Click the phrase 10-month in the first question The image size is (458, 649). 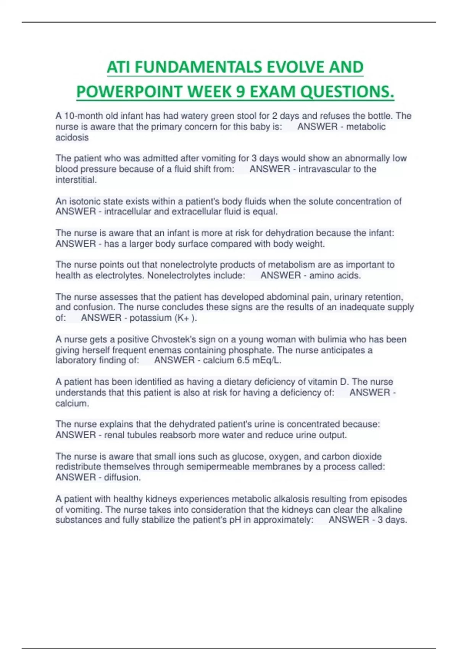pos(81,116)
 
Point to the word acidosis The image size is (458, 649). pos(72,137)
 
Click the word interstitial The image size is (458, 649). pos(76,180)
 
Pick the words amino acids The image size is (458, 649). pos(335,275)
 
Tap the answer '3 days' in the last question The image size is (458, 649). pos(392,520)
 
